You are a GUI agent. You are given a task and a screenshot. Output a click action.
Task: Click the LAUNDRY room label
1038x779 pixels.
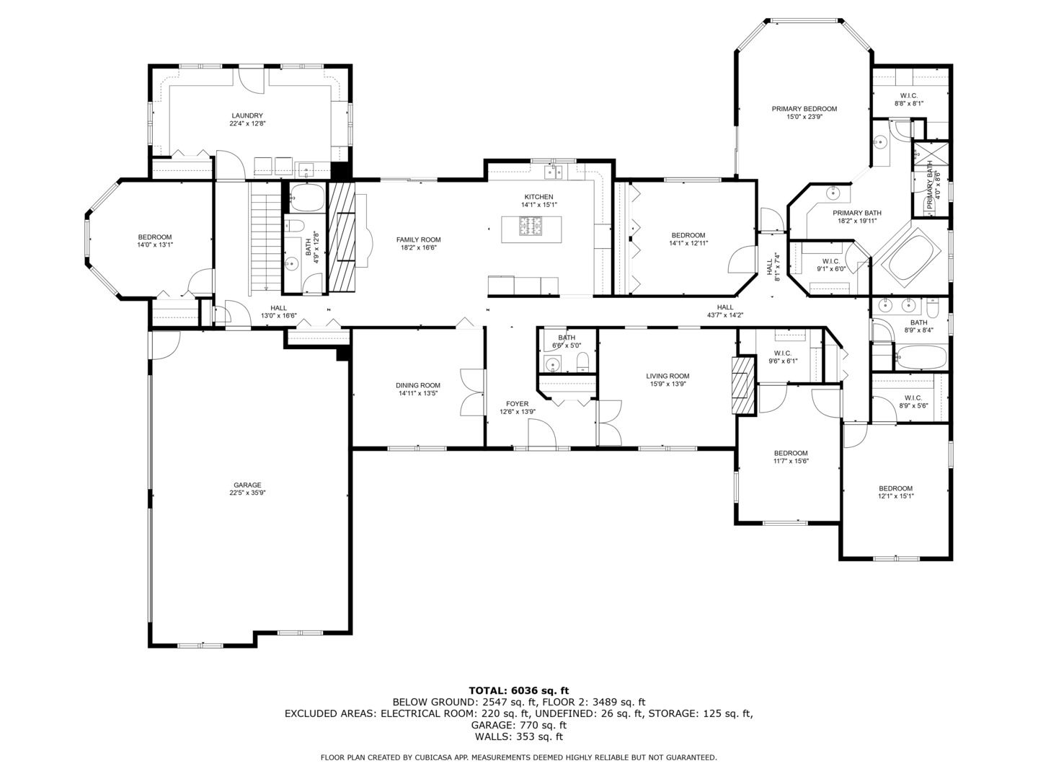click(247, 115)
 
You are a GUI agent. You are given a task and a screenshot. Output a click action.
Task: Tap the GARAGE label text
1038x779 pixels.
click(247, 485)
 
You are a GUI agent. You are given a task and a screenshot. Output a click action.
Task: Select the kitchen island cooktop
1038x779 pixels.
click(531, 226)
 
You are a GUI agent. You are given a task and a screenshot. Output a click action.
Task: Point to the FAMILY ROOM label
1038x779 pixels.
click(419, 239)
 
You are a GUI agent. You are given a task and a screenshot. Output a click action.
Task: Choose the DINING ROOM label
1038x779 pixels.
click(418, 385)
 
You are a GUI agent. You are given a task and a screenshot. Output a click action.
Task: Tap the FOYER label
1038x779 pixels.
click(518, 404)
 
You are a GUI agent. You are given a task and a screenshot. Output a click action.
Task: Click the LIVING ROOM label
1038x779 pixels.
click(667, 376)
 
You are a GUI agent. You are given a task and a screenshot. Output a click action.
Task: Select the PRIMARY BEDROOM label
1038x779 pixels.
click(804, 109)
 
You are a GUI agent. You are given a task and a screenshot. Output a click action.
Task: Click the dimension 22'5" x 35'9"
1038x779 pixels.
click(247, 493)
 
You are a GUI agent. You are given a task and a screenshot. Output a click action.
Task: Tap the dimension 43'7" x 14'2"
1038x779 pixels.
click(725, 315)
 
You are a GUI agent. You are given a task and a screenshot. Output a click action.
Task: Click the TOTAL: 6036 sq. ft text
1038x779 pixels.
click(519, 691)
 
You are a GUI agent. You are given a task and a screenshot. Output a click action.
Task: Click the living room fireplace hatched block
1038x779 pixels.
click(743, 386)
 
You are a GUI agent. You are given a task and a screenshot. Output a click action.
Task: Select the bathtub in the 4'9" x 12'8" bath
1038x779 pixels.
click(307, 197)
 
